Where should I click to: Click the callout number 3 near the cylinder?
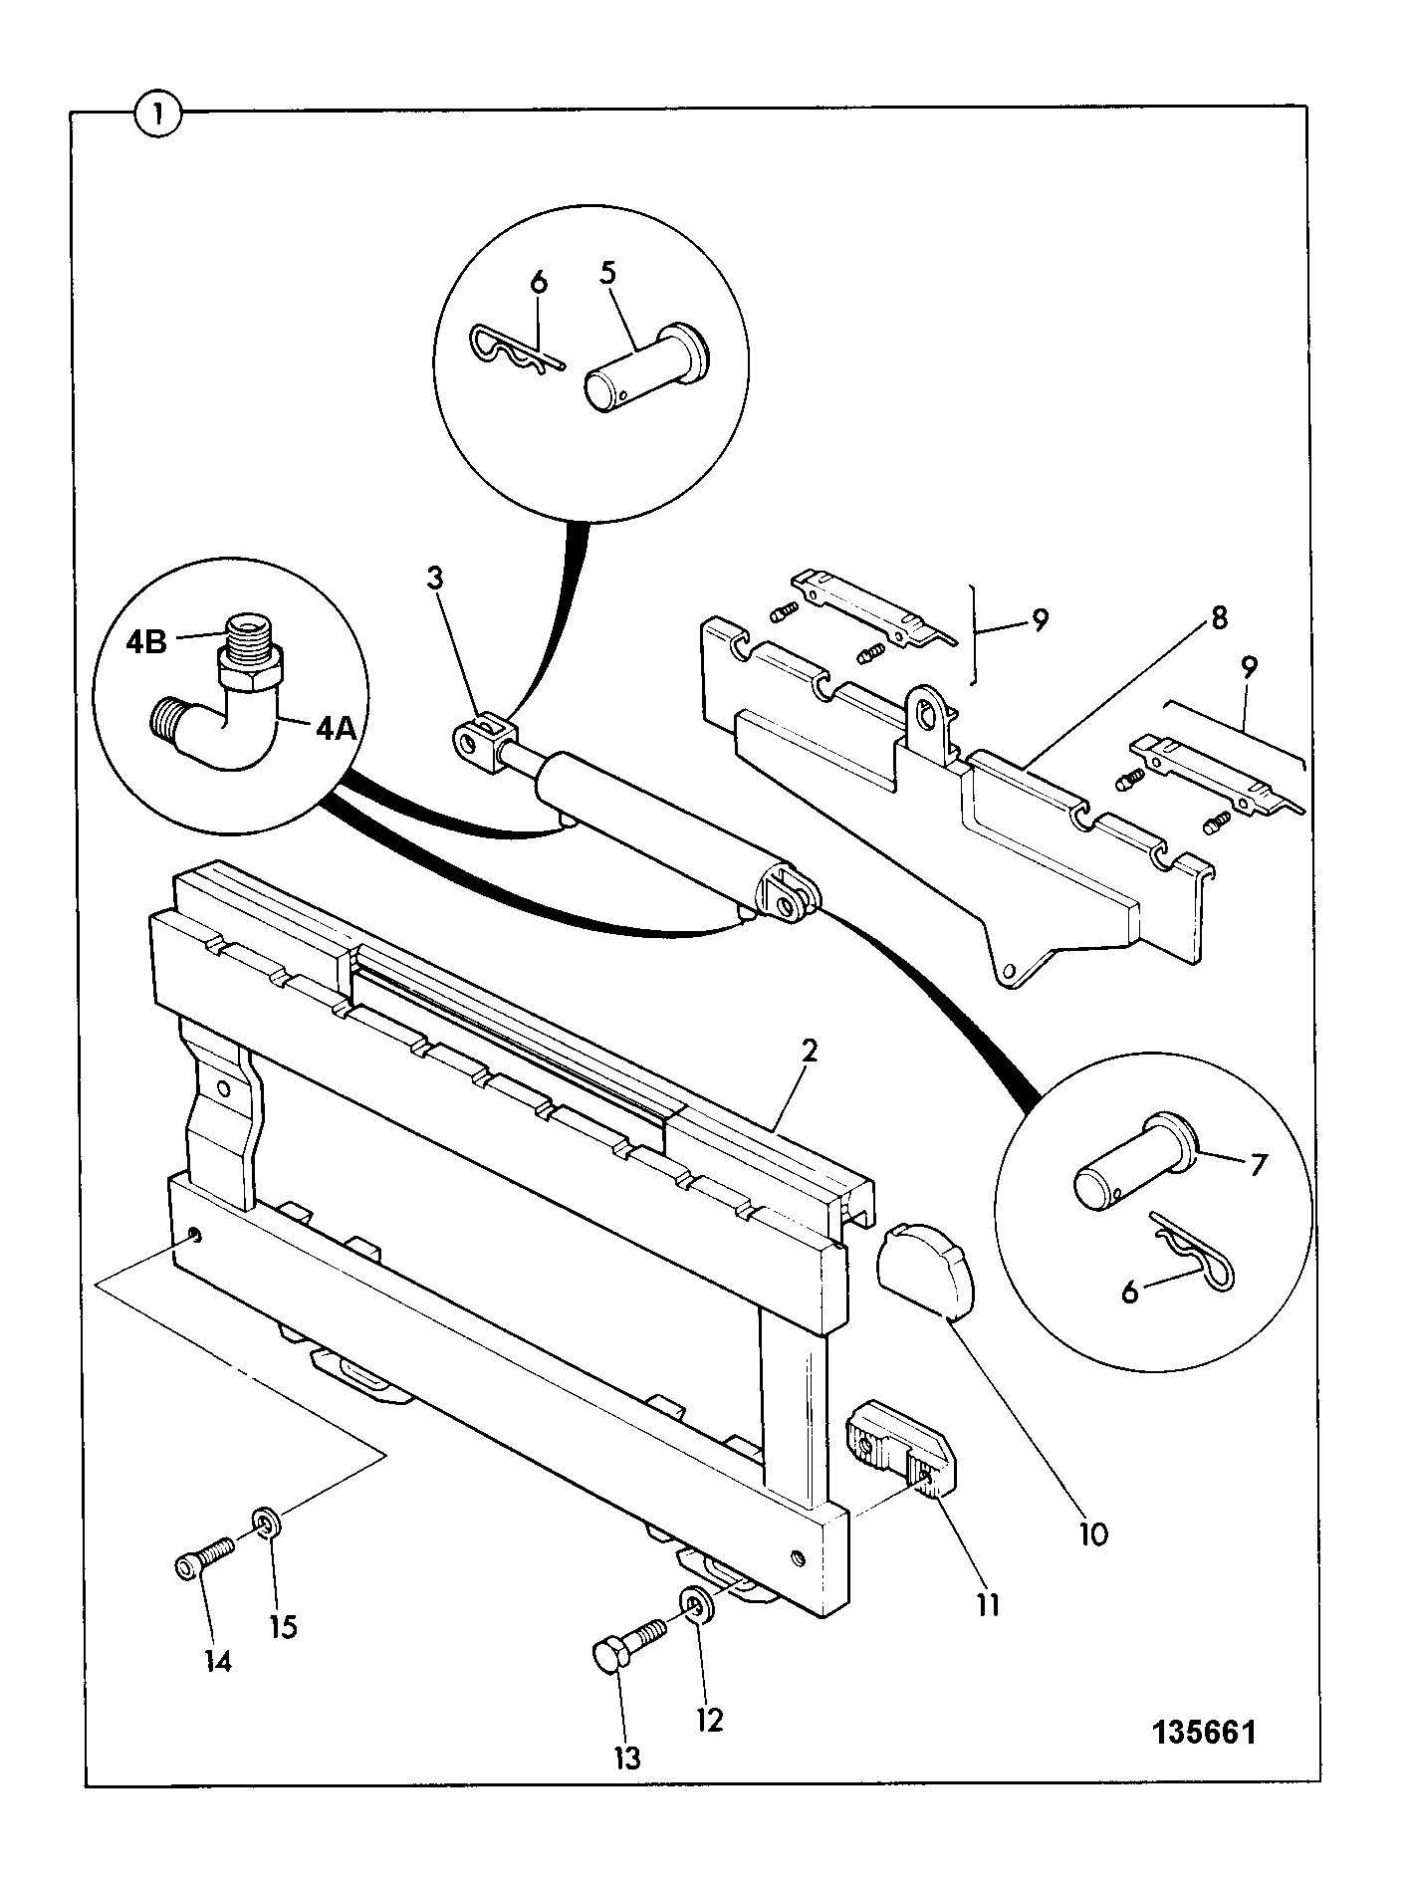434,578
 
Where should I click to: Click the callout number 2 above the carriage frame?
810,1052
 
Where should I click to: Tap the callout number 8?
1219,617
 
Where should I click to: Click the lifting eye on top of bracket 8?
928,709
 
